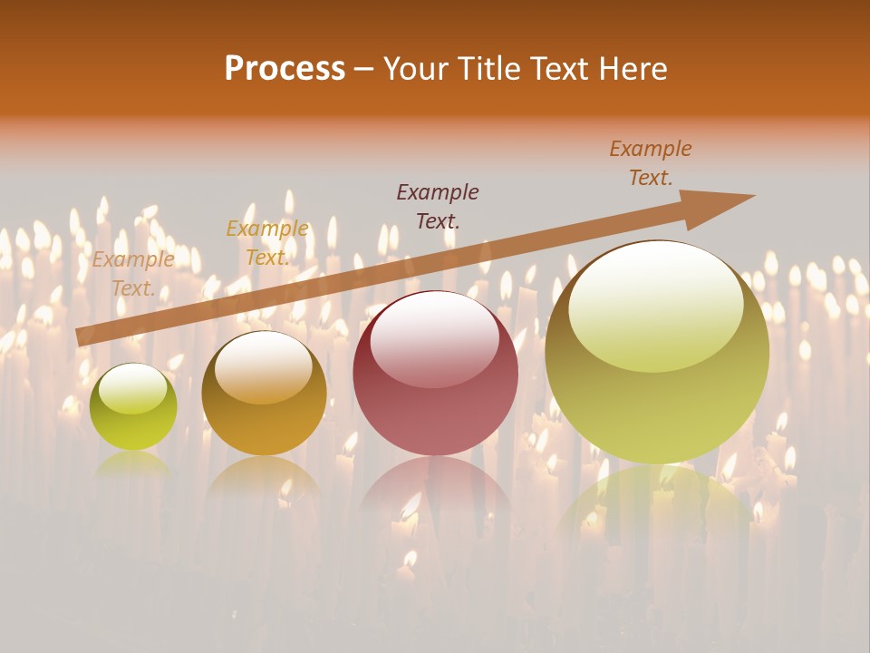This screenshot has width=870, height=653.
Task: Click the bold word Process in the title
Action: click(285, 68)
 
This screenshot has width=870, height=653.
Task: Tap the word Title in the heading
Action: click(488, 68)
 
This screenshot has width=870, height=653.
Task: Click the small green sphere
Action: click(133, 406)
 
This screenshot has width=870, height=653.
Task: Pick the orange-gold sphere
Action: click(264, 393)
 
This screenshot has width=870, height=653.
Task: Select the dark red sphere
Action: click(435, 373)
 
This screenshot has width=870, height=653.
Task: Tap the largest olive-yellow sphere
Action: click(656, 352)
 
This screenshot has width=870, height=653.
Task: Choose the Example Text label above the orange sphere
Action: click(267, 243)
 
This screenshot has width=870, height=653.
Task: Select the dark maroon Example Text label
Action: click(438, 206)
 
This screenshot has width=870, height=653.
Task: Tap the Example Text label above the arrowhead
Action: click(651, 163)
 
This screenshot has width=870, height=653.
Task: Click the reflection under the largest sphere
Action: click(656, 508)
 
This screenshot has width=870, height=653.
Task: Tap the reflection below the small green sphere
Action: click(133, 464)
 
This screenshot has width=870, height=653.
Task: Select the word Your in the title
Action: click(417, 68)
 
